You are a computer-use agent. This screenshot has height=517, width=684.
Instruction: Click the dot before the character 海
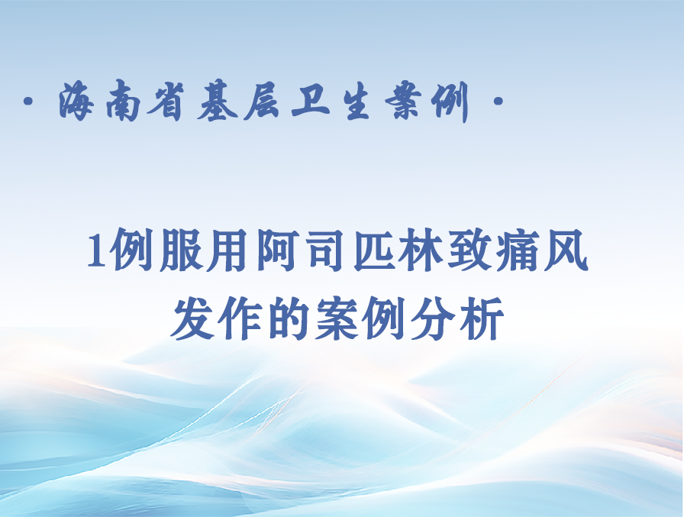(28, 102)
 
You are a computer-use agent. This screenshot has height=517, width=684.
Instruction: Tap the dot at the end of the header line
(498, 102)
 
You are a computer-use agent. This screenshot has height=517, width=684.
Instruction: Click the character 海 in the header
(77, 102)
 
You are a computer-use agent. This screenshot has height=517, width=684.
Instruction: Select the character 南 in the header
(124, 102)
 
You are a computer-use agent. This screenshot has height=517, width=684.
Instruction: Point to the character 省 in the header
(166, 102)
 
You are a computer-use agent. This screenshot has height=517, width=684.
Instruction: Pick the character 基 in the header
(218, 102)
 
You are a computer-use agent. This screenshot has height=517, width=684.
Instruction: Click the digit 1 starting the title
(95, 252)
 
